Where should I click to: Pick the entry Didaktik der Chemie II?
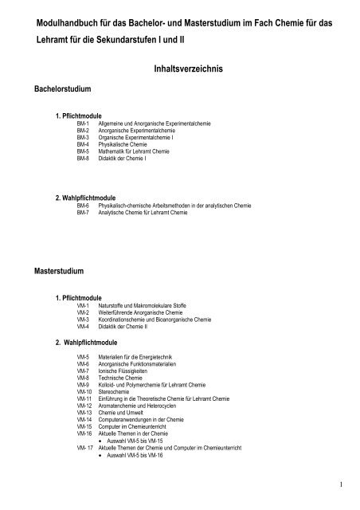coord(121,327)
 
